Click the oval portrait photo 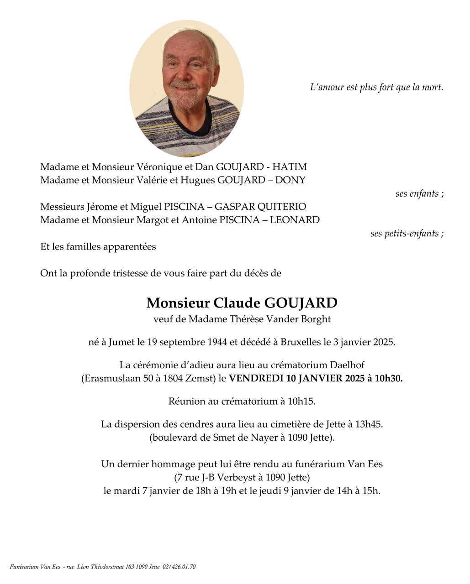[186, 89]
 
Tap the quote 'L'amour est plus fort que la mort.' [376, 87]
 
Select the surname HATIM [290, 167]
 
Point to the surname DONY [290, 180]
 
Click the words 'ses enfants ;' [419, 193]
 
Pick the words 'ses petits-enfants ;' [407, 234]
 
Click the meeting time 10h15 [301, 401]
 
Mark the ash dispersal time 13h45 [368, 424]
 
